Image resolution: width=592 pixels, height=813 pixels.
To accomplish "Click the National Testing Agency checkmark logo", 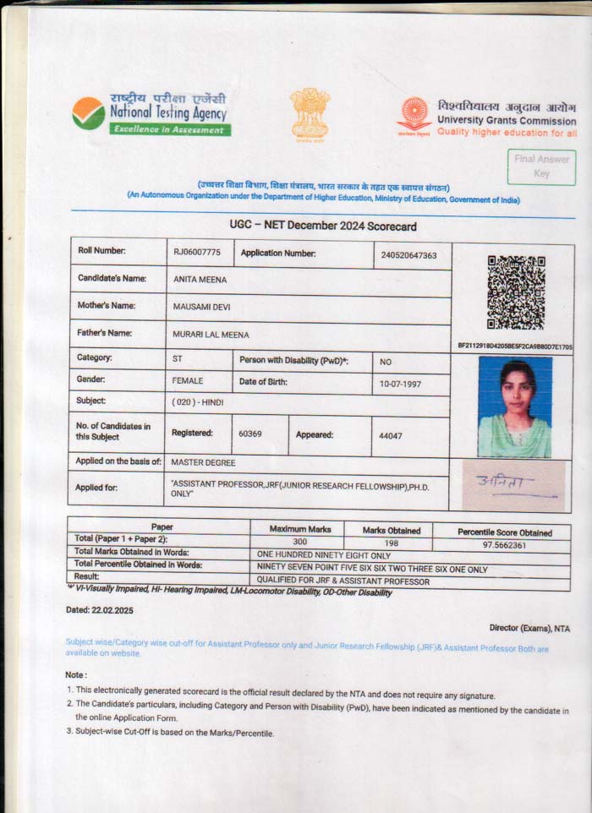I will (x=89, y=113).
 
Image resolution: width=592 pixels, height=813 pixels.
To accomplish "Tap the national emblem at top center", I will (x=310, y=113).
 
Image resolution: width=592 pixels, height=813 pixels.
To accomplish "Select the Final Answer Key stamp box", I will (x=541, y=166).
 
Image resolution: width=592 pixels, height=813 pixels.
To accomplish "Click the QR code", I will (x=515, y=293).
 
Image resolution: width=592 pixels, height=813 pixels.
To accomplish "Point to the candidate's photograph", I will (x=514, y=406).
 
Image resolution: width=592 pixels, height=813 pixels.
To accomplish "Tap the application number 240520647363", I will (x=408, y=254).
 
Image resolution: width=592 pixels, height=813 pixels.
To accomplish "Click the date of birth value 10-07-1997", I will (x=401, y=384).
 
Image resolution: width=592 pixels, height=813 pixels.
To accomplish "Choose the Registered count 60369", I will (x=250, y=434).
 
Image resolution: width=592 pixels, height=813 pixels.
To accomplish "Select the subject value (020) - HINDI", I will (x=199, y=402).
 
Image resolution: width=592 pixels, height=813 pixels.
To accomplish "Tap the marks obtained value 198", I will (x=391, y=543).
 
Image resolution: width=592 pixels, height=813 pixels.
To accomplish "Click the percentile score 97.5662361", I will (x=504, y=545).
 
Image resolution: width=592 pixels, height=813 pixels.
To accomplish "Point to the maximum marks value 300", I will (x=299, y=543).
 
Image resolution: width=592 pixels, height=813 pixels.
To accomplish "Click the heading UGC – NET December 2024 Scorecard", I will (x=323, y=226).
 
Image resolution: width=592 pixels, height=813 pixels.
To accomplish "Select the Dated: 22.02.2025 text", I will (x=100, y=609).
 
